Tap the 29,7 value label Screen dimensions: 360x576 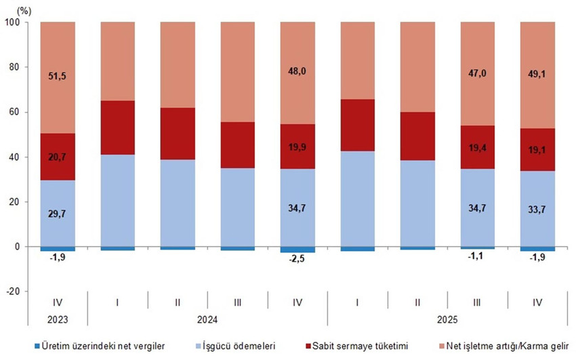[58, 214]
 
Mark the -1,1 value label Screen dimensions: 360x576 [477, 256]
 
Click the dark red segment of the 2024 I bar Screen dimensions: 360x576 [118, 127]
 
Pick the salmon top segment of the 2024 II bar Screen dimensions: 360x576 [178, 64]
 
